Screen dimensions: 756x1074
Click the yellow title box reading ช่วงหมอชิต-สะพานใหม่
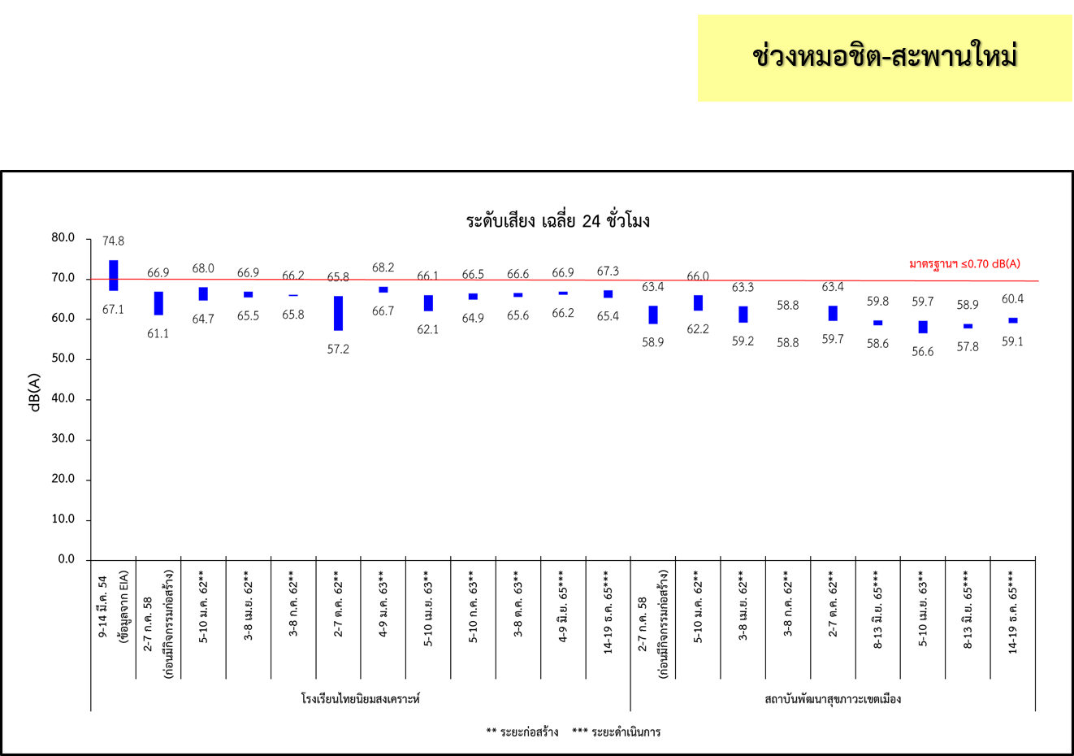pyautogui.click(x=885, y=58)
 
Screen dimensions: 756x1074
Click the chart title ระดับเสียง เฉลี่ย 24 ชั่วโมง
pyautogui.click(x=557, y=221)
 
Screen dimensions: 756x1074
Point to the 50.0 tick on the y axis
pyautogui.click(x=63, y=358)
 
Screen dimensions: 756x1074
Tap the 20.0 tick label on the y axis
pyautogui.click(x=63, y=479)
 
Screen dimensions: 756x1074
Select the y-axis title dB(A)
pyautogui.click(x=35, y=392)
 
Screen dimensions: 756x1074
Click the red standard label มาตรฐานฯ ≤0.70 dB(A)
pyautogui.click(x=964, y=264)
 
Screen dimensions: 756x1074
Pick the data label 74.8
pyautogui.click(x=114, y=241)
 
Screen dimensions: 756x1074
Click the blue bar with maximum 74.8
pyautogui.click(x=114, y=275)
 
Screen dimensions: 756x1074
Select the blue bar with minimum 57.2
pyautogui.click(x=338, y=313)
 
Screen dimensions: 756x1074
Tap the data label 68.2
pyautogui.click(x=383, y=267)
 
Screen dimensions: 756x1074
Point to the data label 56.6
pyautogui.click(x=923, y=352)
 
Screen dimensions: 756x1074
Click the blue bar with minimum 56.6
pyautogui.click(x=923, y=327)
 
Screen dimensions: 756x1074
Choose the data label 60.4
pyautogui.click(x=1012, y=299)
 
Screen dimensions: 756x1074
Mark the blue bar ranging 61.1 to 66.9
pyautogui.click(x=158, y=303)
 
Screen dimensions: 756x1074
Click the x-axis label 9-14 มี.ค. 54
pyautogui.click(x=103, y=606)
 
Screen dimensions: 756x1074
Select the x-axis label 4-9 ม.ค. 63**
pyautogui.click(x=383, y=606)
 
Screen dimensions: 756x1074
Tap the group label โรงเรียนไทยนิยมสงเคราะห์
pyautogui.click(x=360, y=699)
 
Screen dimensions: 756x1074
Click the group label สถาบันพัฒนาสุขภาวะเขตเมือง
pyautogui.click(x=833, y=699)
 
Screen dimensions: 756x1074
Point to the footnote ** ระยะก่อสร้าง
pyautogui.click(x=522, y=732)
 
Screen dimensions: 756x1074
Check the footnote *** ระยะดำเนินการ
pyautogui.click(x=616, y=732)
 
